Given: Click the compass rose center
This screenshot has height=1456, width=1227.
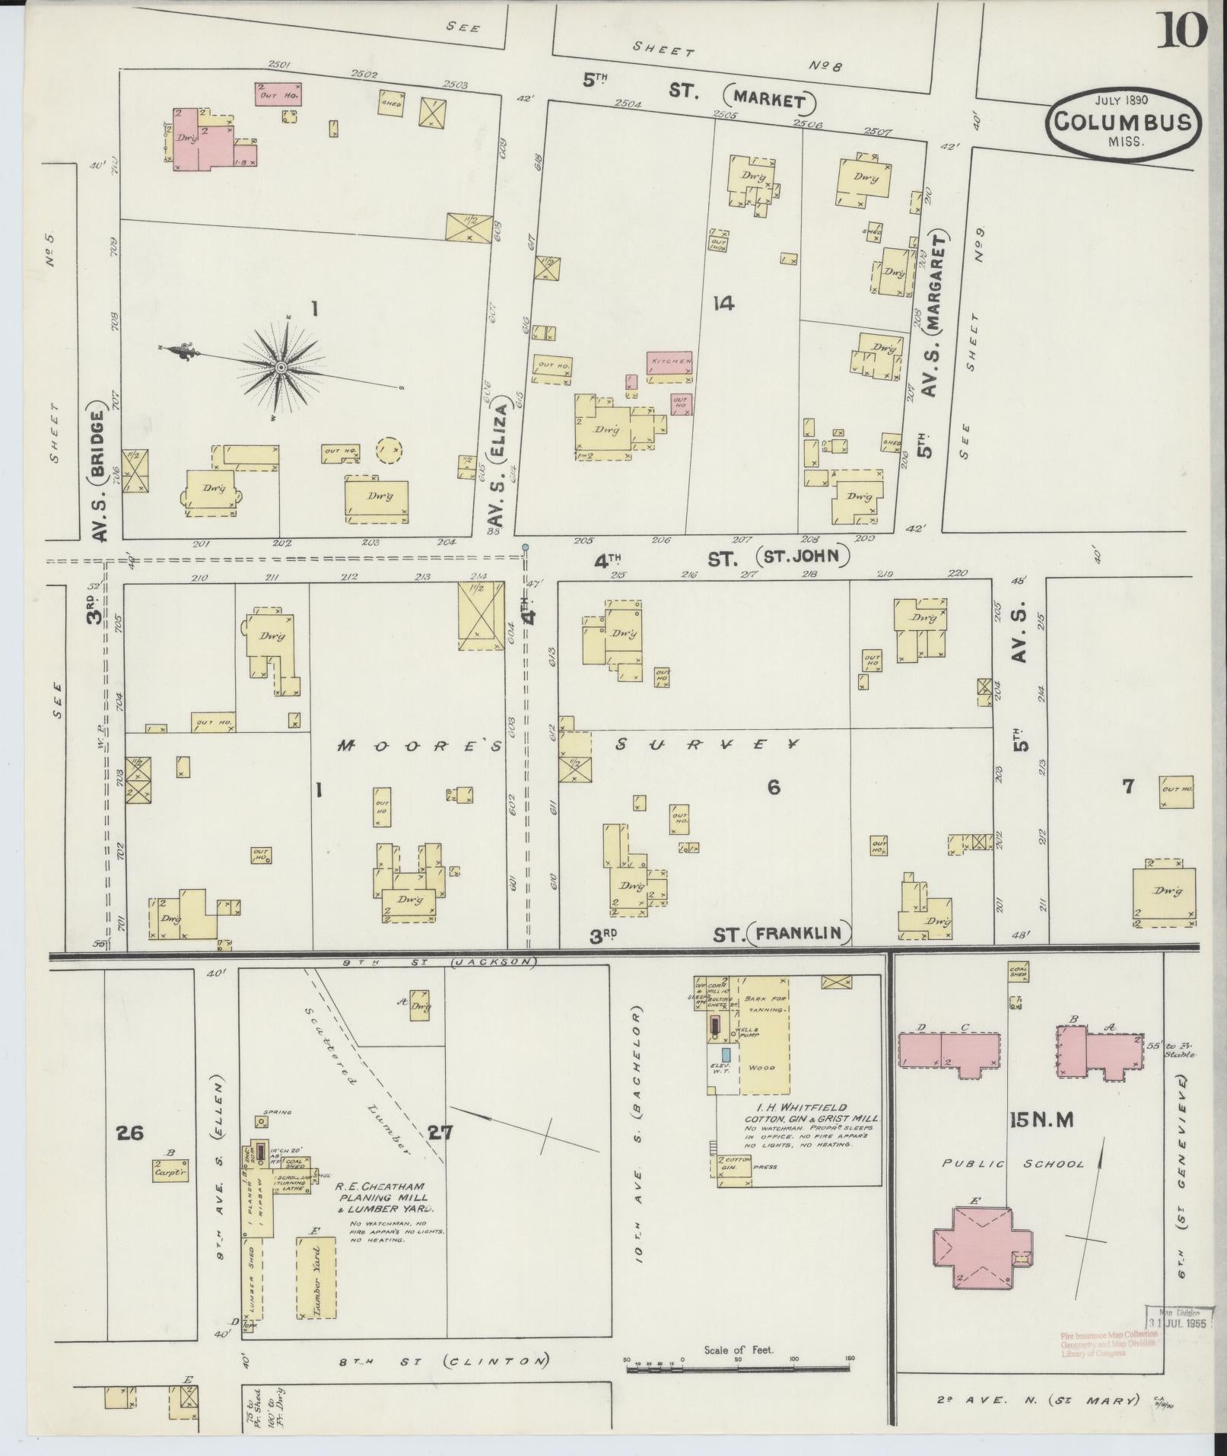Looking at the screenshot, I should tap(280, 368).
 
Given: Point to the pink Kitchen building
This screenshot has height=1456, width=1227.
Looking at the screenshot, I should tap(669, 362).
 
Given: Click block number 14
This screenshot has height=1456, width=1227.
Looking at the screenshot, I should tap(723, 304).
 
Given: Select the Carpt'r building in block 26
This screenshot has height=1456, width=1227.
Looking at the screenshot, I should tap(170, 1171).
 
